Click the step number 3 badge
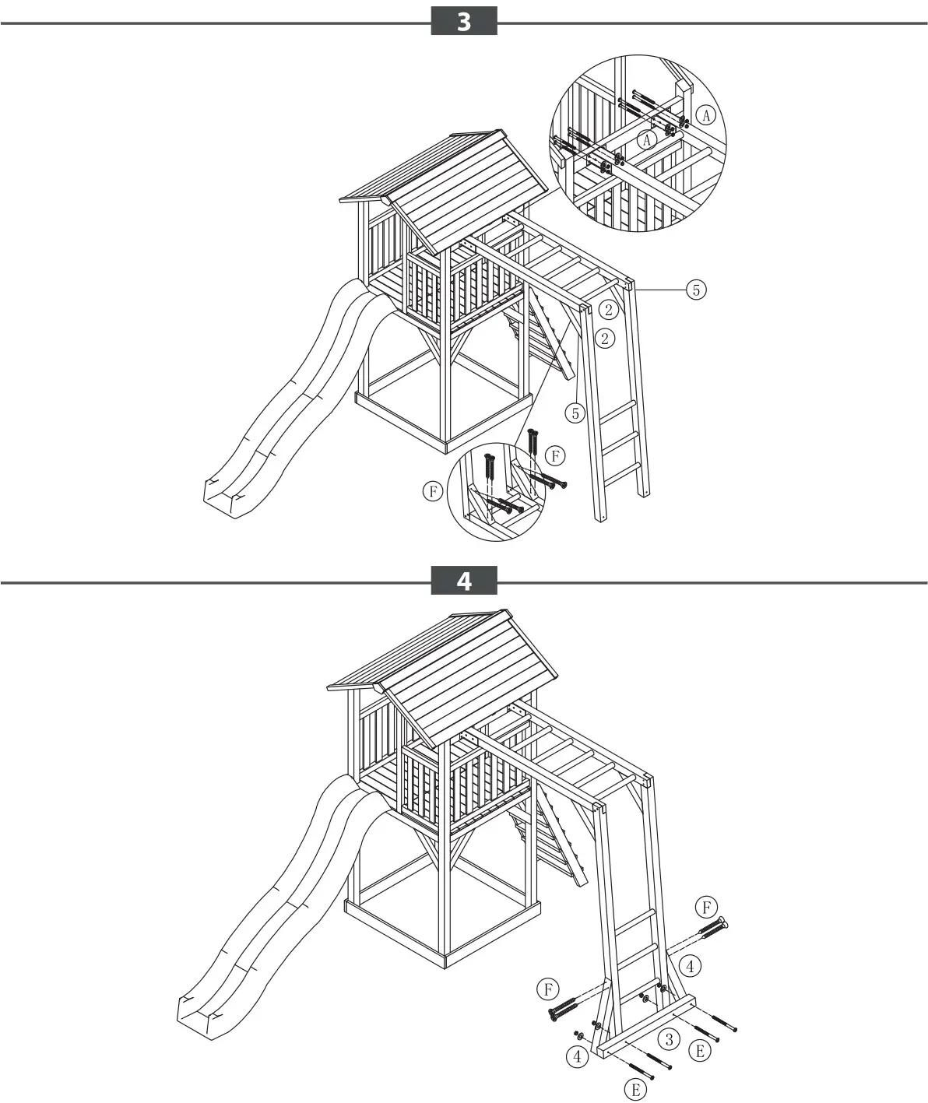464,21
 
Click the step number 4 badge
464,581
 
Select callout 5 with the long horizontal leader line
695,290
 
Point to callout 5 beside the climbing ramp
575,413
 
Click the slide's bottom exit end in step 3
226,497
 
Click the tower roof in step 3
467,187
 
